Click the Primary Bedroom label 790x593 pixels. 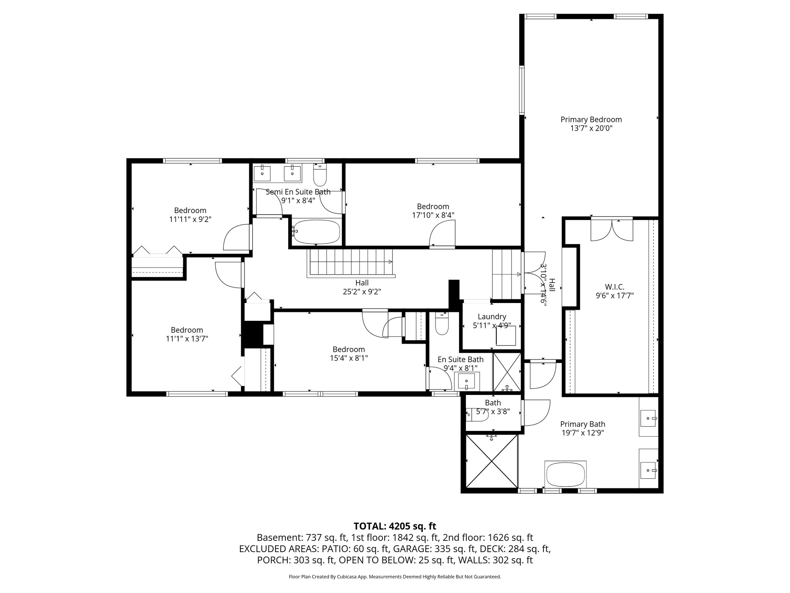pyautogui.click(x=591, y=120)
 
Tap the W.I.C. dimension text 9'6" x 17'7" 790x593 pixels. pyautogui.click(x=614, y=296)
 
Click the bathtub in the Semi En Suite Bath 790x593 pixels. pyautogui.click(x=316, y=232)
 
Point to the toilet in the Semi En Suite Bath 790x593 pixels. pyautogui.click(x=320, y=176)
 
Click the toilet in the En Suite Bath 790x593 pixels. pyautogui.click(x=442, y=324)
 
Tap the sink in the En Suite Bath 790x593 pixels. pyautogui.click(x=467, y=381)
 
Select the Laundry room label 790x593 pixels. pyautogui.click(x=492, y=317)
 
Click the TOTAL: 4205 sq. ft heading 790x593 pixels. pyautogui.click(x=395, y=526)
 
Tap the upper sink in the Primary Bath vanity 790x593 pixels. pyautogui.click(x=649, y=418)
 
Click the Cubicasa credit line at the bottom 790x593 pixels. pyautogui.click(x=395, y=577)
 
